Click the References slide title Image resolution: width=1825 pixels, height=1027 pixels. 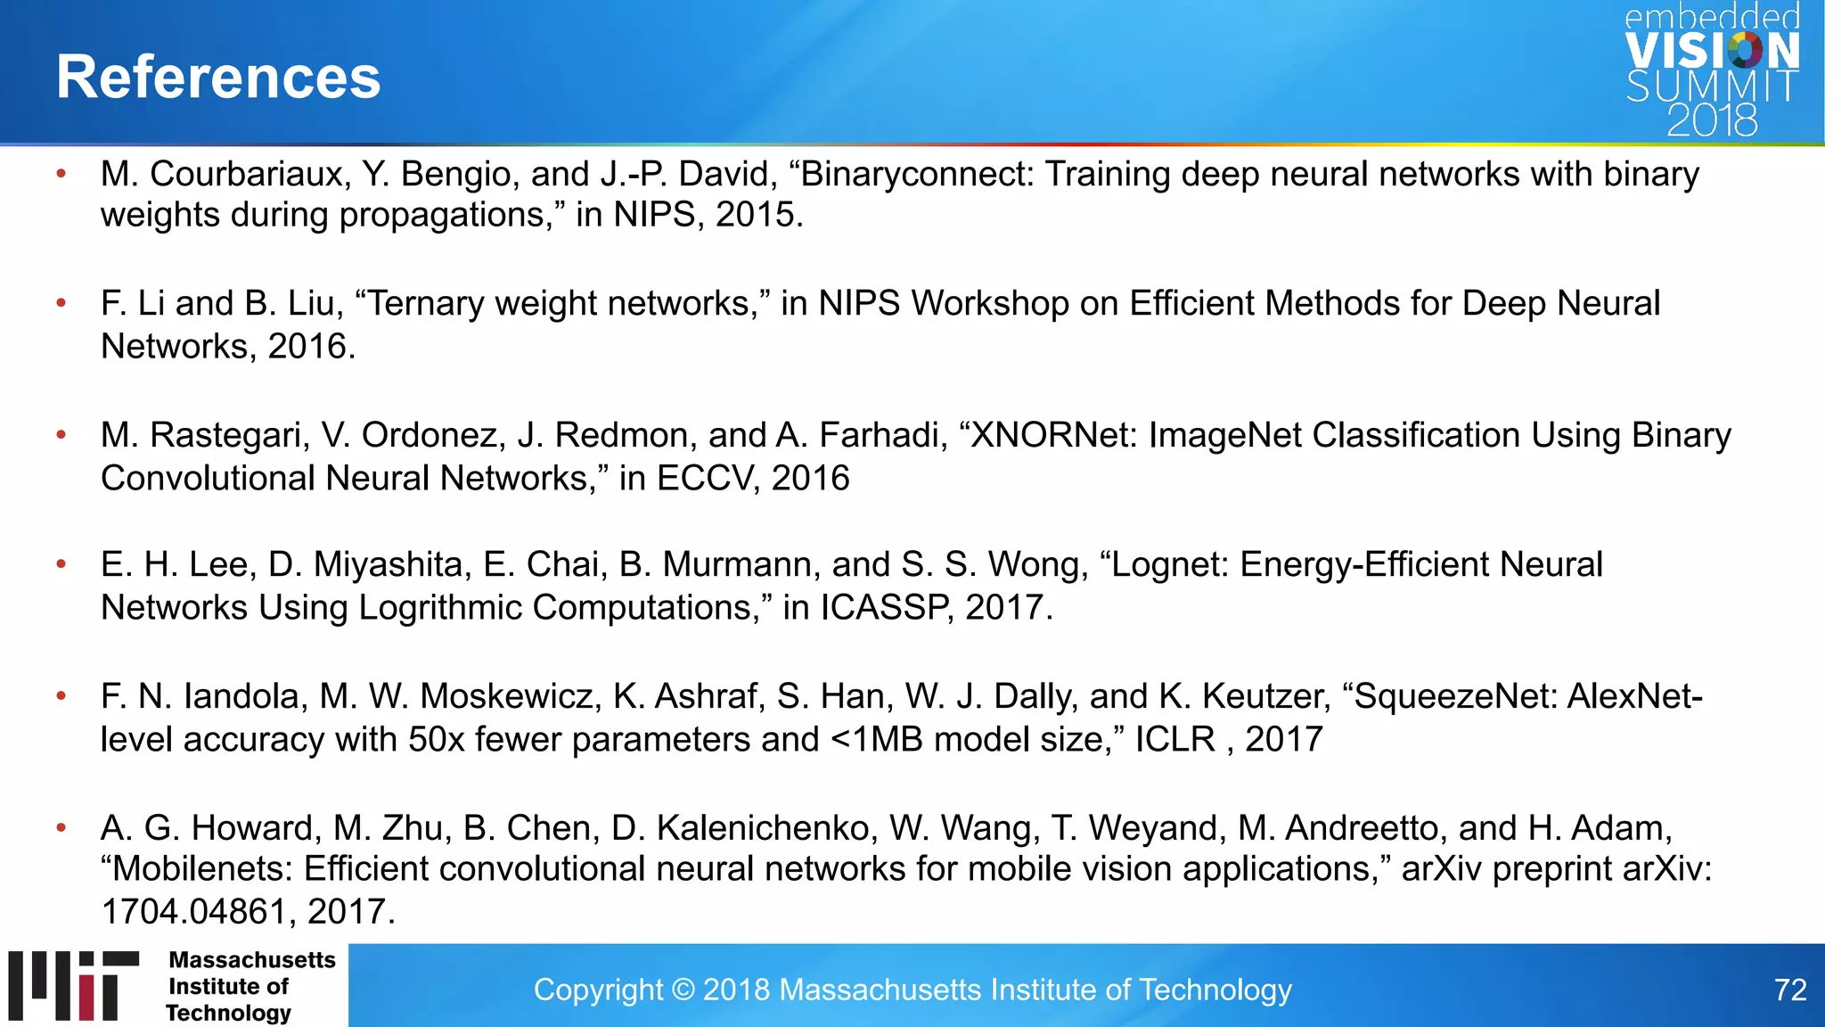[218, 77]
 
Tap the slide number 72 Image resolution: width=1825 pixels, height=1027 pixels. [1789, 990]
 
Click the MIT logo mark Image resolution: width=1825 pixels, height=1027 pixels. [74, 985]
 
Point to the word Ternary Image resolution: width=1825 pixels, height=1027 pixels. [427, 304]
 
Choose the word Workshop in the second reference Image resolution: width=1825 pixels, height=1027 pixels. [990, 304]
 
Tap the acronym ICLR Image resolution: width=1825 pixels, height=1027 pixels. [1174, 740]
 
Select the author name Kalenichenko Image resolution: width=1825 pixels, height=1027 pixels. [763, 828]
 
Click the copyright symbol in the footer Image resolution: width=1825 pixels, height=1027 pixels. [683, 990]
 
